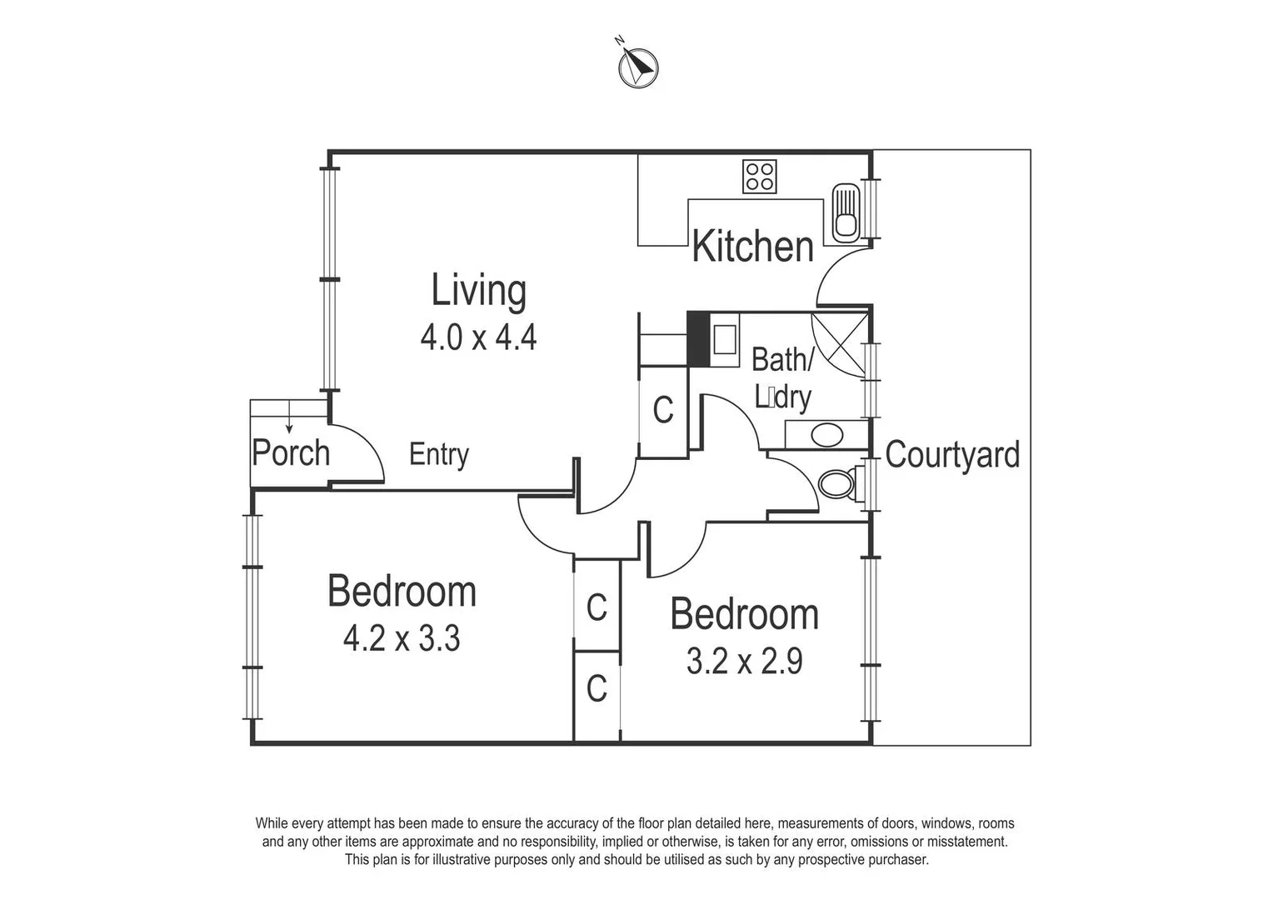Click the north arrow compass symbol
point(638,66)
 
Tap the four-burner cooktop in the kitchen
point(760,177)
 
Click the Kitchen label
point(752,247)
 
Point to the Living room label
point(478,291)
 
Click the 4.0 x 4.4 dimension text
point(478,337)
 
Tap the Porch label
point(291,453)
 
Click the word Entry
point(439,455)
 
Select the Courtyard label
point(952,455)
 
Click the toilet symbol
point(836,484)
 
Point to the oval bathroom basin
point(826,435)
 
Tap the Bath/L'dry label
point(782,378)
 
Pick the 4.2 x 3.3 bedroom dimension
point(402,640)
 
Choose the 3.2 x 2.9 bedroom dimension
point(744,662)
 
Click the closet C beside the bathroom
point(663,410)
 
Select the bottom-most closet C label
point(597,690)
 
